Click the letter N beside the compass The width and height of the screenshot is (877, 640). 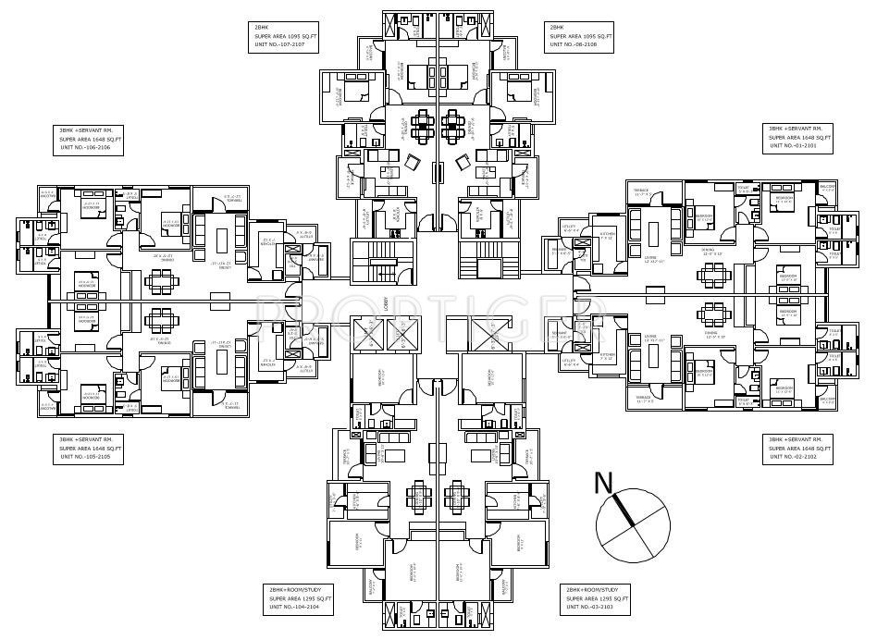pos(604,482)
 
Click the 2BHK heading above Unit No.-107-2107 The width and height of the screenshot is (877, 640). pos(262,27)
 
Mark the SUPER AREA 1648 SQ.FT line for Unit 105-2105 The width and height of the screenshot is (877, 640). pos(90,449)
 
